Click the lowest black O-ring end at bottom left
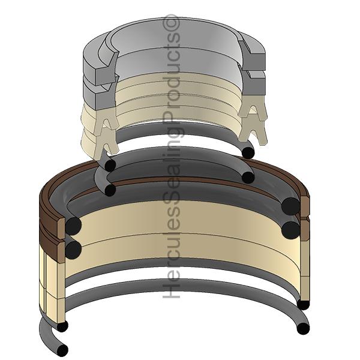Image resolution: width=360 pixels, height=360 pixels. pyautogui.click(x=62, y=349)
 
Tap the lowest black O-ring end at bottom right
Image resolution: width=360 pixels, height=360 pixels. pyautogui.click(x=303, y=329)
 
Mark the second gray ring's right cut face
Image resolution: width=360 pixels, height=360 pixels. pyautogui.click(x=253, y=83)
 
